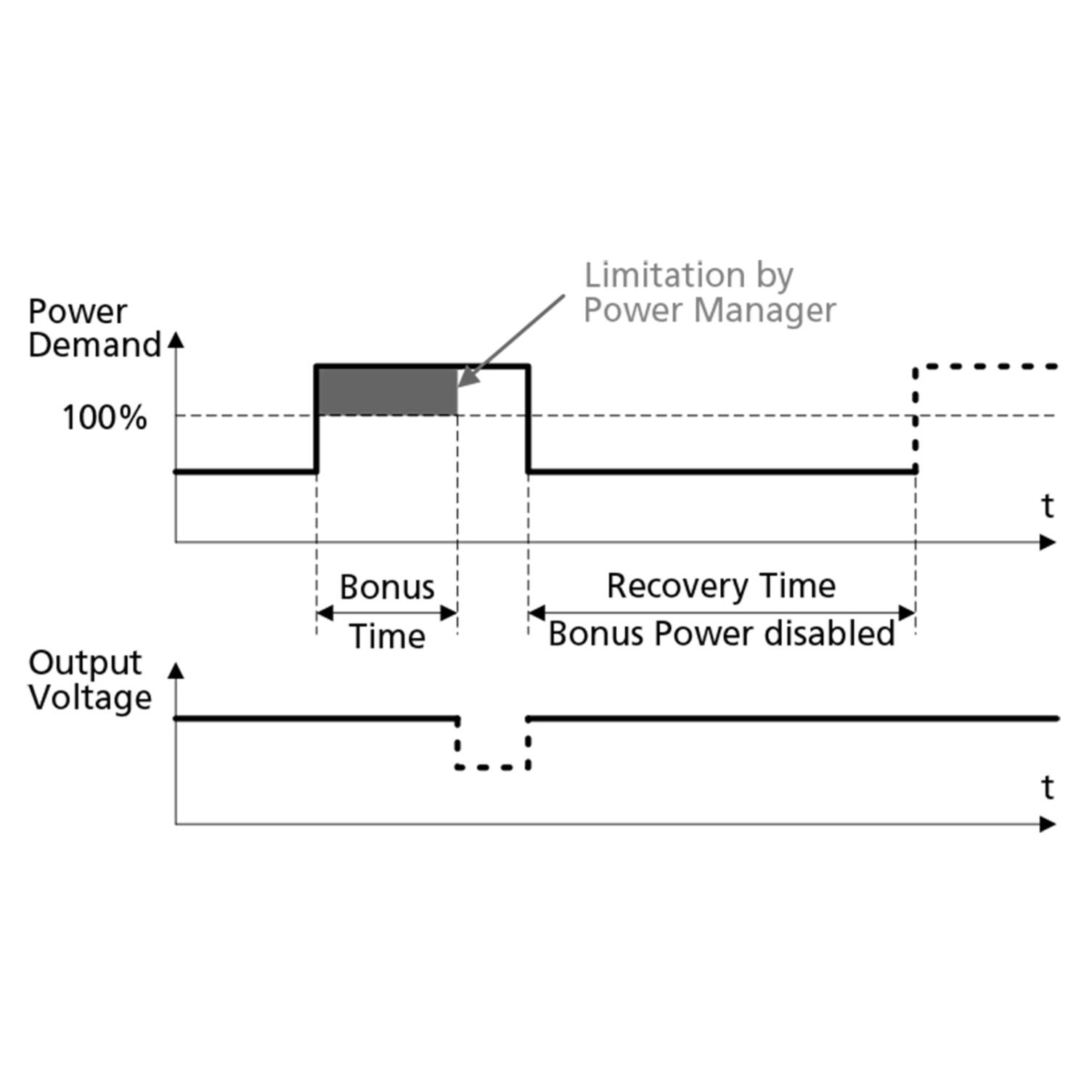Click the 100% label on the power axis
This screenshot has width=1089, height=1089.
(x=105, y=418)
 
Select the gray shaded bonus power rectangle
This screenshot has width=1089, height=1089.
(x=387, y=391)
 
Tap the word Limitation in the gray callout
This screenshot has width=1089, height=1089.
(x=664, y=275)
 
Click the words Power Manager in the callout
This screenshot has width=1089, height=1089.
(x=709, y=310)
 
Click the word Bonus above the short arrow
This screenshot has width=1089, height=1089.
(x=387, y=587)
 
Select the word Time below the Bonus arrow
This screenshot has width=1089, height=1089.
(x=387, y=637)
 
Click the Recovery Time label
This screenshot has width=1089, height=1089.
(x=721, y=586)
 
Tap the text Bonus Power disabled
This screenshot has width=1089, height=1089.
(x=721, y=634)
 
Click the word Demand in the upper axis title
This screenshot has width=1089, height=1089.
(x=94, y=345)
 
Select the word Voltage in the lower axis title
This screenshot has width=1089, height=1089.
(x=90, y=698)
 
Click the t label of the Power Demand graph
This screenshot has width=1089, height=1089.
(x=1047, y=506)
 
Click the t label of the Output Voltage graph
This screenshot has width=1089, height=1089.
(x=1047, y=787)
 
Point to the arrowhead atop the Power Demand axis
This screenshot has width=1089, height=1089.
(x=176, y=340)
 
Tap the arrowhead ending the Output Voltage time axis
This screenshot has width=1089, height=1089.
(x=1048, y=824)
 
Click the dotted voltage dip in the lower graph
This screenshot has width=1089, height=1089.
(x=492, y=767)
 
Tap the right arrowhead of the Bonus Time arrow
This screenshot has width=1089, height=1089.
(x=449, y=613)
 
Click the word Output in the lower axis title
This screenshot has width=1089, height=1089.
(x=85, y=663)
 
